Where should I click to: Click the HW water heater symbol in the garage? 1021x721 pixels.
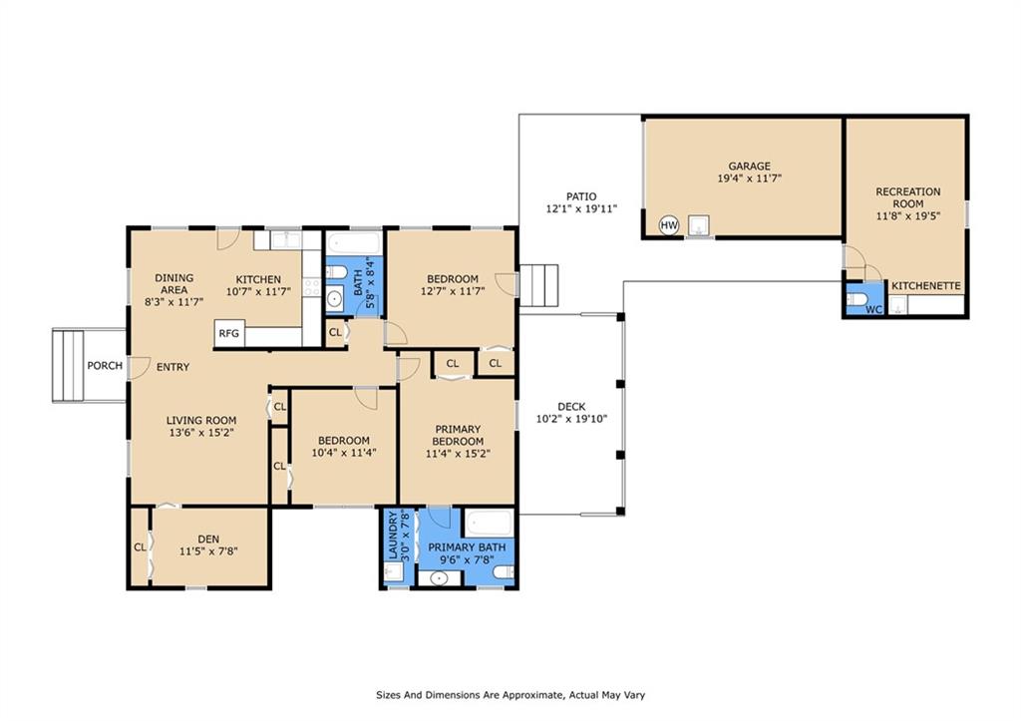[669, 225]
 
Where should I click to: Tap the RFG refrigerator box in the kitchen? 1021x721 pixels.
[229, 333]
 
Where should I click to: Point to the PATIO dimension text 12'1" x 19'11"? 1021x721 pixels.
[580, 209]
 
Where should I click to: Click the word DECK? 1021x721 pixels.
[571, 407]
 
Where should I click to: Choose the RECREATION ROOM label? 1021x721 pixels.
[907, 197]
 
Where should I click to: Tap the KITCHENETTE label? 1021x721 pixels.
[926, 286]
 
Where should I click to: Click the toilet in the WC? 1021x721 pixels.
[856, 299]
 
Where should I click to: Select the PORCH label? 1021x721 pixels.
[105, 365]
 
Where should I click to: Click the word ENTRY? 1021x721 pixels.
[172, 367]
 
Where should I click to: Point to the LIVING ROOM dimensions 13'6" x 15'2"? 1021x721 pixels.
[200, 433]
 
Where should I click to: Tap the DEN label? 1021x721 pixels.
[208, 540]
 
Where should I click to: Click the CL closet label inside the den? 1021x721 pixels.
[140, 547]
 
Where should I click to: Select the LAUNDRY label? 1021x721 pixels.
[393, 536]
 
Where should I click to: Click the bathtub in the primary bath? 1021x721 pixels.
[489, 523]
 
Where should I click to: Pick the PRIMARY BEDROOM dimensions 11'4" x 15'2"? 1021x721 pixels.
[458, 454]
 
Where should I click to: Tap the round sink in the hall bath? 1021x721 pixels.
[334, 299]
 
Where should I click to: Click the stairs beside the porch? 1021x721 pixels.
[69, 365]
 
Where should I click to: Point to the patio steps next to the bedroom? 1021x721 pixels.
[538, 285]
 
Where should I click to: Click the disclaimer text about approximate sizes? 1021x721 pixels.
[510, 695]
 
